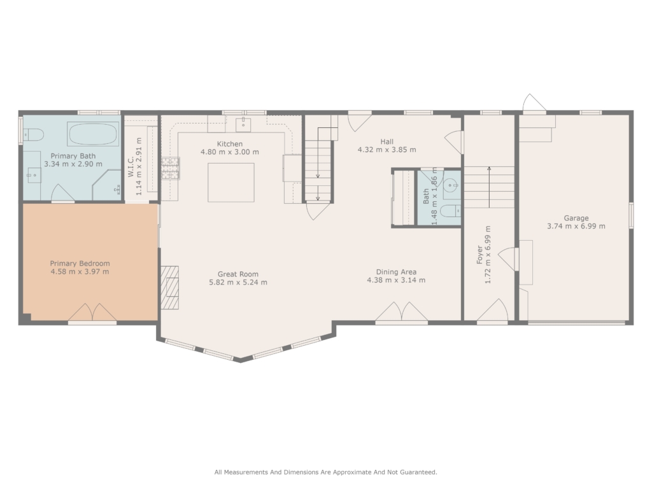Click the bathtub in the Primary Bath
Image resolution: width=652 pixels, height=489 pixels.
pyautogui.click(x=93, y=134)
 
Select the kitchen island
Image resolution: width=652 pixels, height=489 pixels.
pyautogui.click(x=231, y=183)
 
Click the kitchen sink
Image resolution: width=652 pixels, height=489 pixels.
pyautogui.click(x=243, y=124)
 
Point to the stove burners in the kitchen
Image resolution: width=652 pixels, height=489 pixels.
pyautogui.click(x=171, y=168)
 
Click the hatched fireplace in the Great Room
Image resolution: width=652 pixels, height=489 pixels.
pyautogui.click(x=170, y=287)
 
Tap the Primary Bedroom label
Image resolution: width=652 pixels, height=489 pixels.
pyautogui.click(x=80, y=263)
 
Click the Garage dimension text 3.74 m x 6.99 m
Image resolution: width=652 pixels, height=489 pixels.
pyautogui.click(x=576, y=226)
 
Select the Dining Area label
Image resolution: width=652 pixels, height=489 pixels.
pyautogui.click(x=396, y=272)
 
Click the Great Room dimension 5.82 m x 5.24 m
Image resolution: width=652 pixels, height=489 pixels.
pyautogui.click(x=238, y=282)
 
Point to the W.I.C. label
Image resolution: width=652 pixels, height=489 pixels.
pyautogui.click(x=131, y=167)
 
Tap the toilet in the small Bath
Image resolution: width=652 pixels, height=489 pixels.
pyautogui.click(x=450, y=211)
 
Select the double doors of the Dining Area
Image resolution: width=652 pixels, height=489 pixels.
pyautogui.click(x=402, y=312)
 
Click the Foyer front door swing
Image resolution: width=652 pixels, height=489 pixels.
pyautogui.click(x=493, y=310)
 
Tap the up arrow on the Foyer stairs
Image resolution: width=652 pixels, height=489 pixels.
pyautogui.click(x=490, y=187)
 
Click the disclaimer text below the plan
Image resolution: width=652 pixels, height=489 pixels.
pyautogui.click(x=325, y=472)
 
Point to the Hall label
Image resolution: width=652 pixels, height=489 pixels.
pyautogui.click(x=386, y=142)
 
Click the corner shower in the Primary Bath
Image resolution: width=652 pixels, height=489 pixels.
pyautogui.click(x=107, y=185)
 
